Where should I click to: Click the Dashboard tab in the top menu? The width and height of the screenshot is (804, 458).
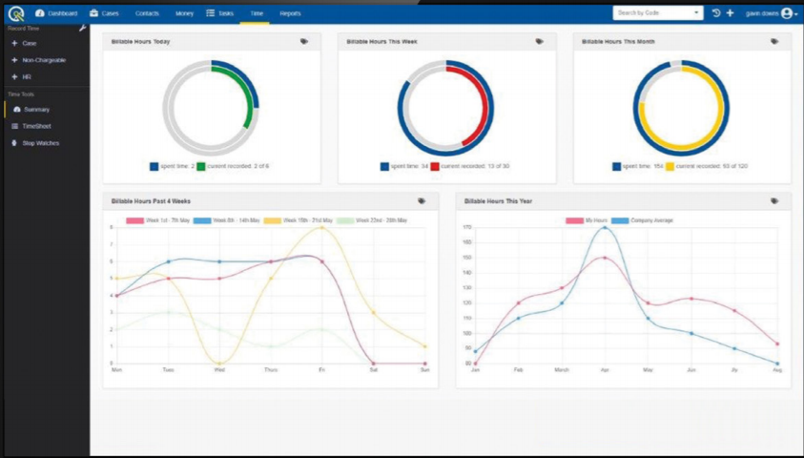[x=56, y=13]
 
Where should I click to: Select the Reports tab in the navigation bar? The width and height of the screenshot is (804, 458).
[x=290, y=13]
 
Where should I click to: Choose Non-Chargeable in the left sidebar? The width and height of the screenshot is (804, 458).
[x=42, y=60]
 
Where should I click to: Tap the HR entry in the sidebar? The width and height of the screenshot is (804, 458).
[x=27, y=76]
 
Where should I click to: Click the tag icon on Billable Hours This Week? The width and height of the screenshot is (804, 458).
[x=539, y=42]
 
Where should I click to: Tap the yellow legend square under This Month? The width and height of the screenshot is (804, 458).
[x=670, y=167]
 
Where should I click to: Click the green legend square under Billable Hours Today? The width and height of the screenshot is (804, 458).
[x=201, y=167]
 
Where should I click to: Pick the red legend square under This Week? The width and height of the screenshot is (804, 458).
[x=435, y=167]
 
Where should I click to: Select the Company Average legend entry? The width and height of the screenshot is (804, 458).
[x=647, y=220]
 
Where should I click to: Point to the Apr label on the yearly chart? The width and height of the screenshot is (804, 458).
[x=605, y=369]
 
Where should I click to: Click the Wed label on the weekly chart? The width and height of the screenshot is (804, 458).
[x=219, y=369]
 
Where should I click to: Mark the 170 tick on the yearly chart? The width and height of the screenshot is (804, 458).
[x=467, y=227]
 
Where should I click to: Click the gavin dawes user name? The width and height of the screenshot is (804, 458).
[x=761, y=13]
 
